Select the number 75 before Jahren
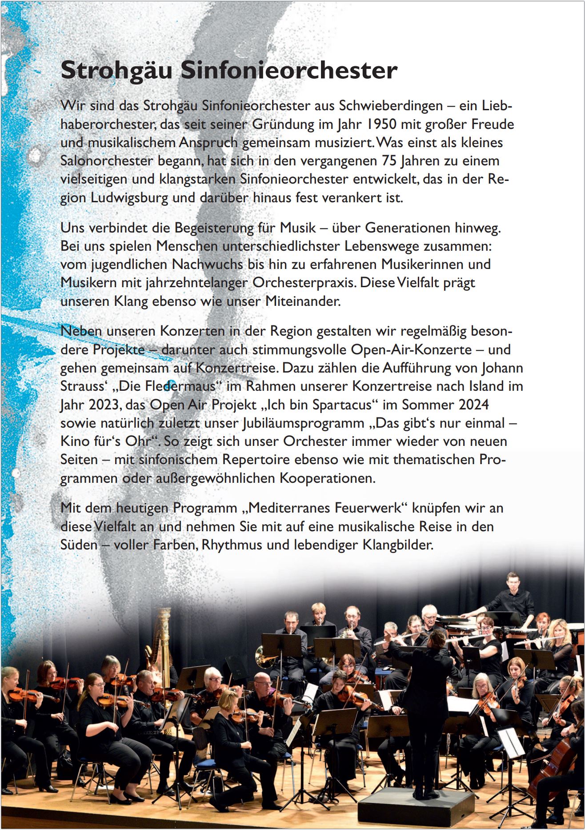coord(389,160)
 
